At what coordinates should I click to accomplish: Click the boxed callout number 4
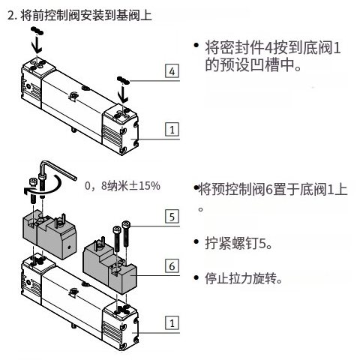click(x=172, y=71)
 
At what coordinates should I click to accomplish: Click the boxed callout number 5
click(x=172, y=217)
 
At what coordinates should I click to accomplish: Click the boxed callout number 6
click(x=172, y=265)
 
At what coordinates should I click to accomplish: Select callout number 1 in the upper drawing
click(x=172, y=129)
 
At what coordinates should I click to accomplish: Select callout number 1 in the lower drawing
click(x=172, y=322)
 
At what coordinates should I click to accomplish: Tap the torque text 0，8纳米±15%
click(x=122, y=186)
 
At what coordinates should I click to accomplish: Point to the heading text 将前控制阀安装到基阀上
click(x=86, y=15)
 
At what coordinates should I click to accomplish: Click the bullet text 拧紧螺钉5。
click(x=238, y=243)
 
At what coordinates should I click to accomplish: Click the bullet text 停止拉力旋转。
click(x=244, y=278)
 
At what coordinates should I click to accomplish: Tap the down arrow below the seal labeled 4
click(x=123, y=94)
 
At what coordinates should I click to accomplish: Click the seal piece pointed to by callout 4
click(x=123, y=80)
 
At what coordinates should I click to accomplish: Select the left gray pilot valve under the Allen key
click(x=49, y=235)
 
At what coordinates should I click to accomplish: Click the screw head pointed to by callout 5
click(x=126, y=223)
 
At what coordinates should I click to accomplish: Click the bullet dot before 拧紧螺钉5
click(x=196, y=241)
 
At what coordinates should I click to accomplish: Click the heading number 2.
click(x=10, y=15)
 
